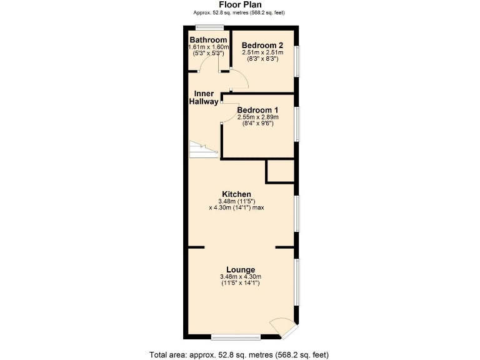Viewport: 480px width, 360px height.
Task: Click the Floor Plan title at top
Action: [239, 4]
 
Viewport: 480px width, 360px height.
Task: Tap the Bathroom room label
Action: [208, 40]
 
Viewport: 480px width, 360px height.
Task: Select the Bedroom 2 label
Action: [262, 45]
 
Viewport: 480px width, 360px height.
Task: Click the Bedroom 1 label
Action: [257, 109]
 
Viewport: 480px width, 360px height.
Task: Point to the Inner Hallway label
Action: [204, 97]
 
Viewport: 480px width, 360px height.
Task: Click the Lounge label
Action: [240, 270]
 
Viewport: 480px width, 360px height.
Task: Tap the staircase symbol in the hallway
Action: [201, 150]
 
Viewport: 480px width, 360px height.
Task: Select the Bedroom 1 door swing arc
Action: [229, 112]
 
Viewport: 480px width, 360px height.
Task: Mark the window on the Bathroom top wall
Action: [208, 26]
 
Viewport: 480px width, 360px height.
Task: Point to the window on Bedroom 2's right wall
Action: [297, 61]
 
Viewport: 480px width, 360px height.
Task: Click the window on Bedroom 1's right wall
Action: [297, 123]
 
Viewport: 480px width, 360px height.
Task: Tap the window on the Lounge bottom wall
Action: [235, 337]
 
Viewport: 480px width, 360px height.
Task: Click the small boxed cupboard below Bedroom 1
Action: [280, 171]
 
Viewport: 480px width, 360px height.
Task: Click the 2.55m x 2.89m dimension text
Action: [257, 117]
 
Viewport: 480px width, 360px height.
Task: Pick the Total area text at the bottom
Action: [239, 354]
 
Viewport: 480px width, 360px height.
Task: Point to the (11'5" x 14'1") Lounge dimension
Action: [240, 284]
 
